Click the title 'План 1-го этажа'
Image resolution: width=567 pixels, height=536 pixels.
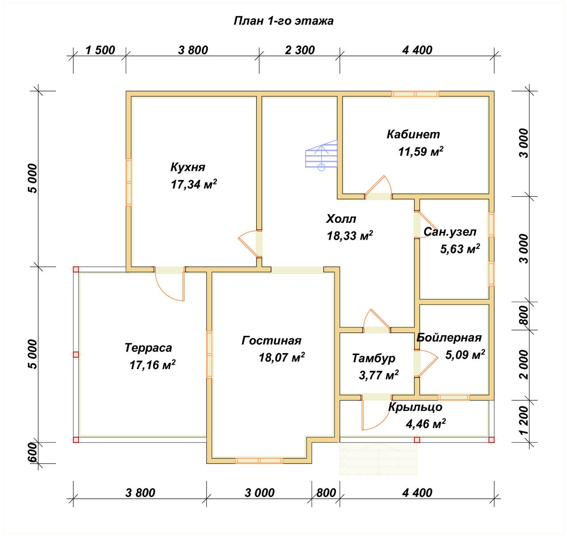tap(283, 21)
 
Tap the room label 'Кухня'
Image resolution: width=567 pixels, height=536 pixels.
tap(188, 167)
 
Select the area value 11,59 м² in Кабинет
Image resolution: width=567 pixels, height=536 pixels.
tap(421, 151)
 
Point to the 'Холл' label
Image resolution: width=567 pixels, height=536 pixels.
tap(341, 219)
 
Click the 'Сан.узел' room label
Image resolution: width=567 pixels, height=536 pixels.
tap(450, 232)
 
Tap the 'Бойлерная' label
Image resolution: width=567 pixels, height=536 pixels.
tap(449, 338)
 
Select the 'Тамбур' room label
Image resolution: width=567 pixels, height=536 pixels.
tap(374, 358)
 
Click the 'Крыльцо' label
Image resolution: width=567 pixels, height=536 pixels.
tap(415, 407)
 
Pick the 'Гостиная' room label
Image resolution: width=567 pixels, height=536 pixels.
tap(272, 341)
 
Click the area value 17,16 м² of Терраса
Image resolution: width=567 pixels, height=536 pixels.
tap(152, 365)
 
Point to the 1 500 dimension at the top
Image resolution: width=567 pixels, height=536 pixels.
tap(100, 50)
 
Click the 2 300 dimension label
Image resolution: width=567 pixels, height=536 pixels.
tap(300, 50)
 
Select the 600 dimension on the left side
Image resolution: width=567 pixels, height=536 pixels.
tap(33, 452)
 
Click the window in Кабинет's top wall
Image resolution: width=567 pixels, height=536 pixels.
tap(415, 94)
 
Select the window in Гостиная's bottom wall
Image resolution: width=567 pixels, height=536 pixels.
tap(259, 461)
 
